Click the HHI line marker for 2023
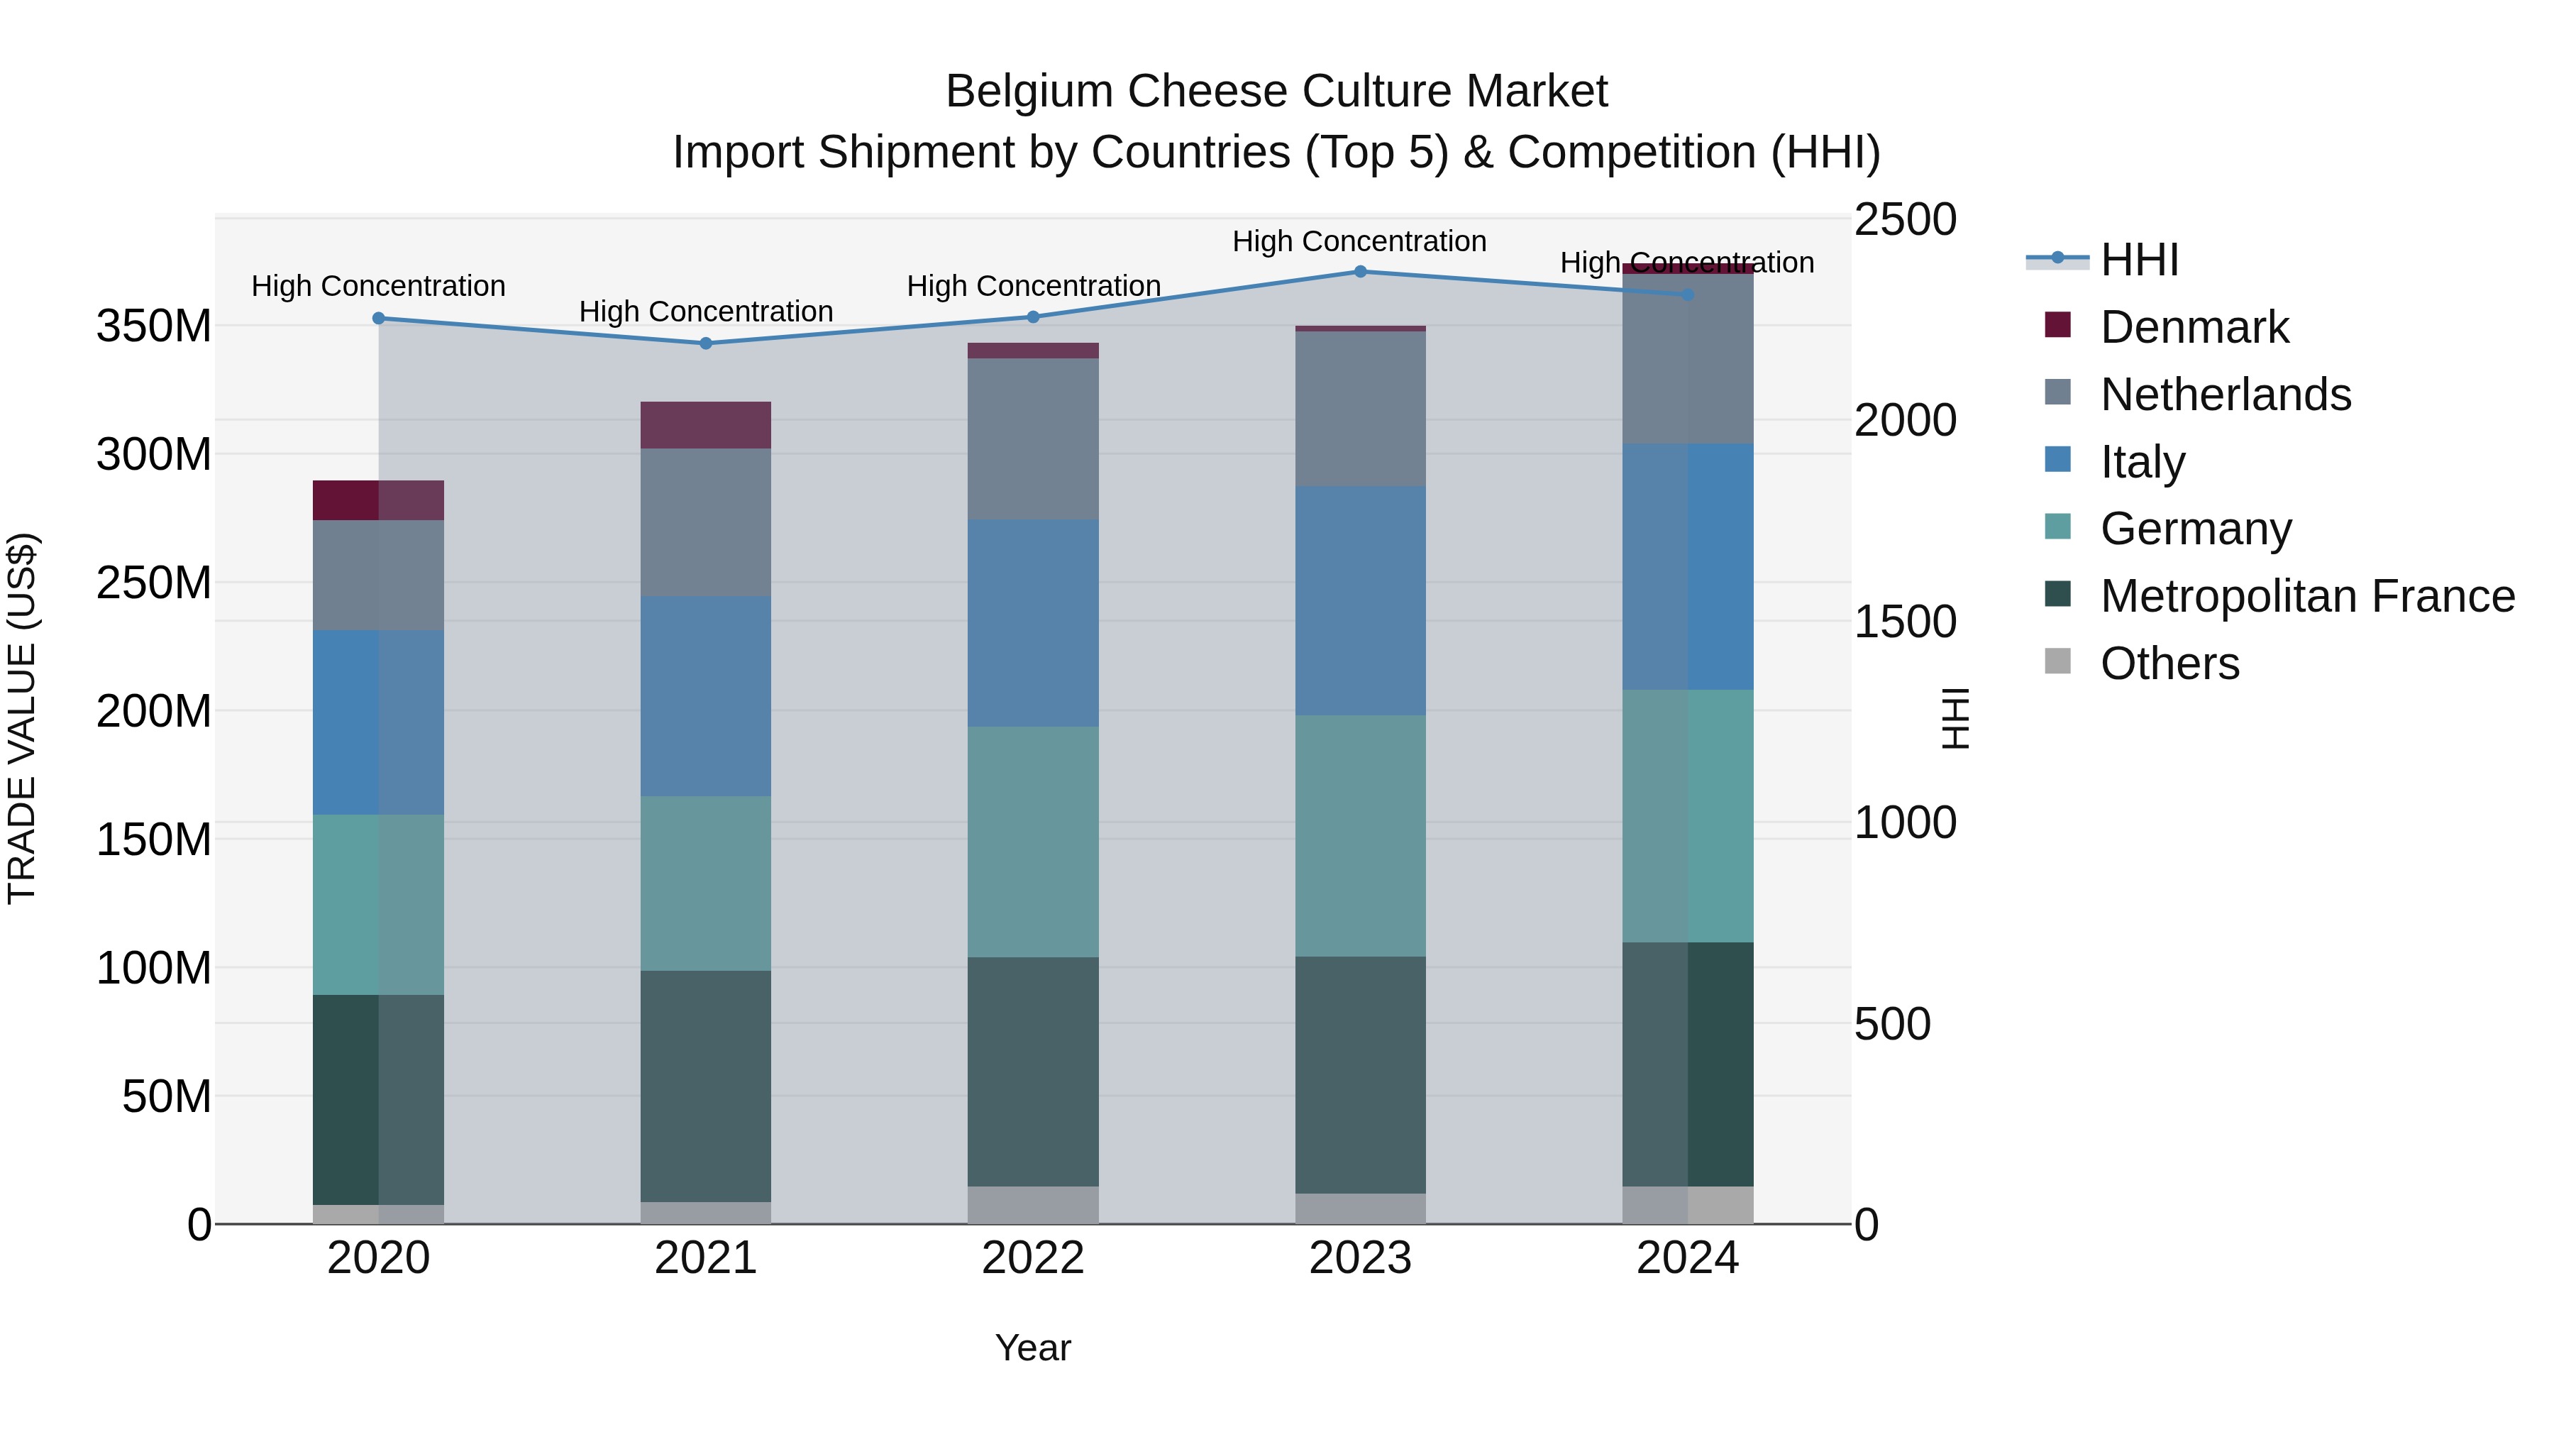point(1360,272)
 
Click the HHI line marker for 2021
point(706,344)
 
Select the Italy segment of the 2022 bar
point(1033,623)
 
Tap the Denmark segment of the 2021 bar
point(706,424)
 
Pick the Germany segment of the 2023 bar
point(1360,835)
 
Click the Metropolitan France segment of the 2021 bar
point(706,1086)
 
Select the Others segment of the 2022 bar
point(1033,1205)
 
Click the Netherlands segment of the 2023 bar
point(1360,409)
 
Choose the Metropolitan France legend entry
point(2306,596)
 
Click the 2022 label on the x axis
point(1033,1258)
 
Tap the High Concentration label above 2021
point(706,312)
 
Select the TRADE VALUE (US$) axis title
point(22,718)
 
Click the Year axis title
point(1033,1348)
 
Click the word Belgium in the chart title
point(1030,92)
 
